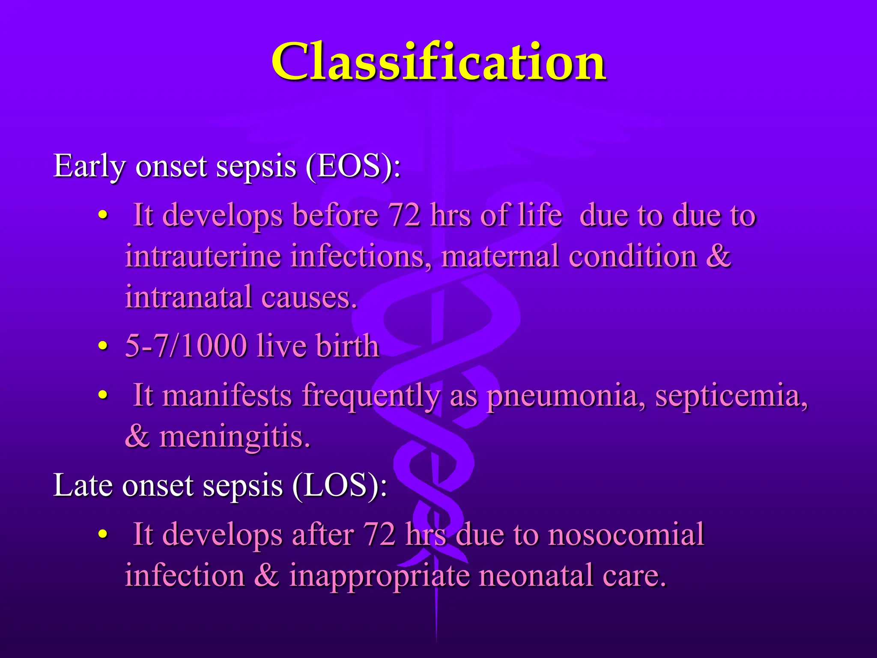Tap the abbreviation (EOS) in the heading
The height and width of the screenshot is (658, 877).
353,166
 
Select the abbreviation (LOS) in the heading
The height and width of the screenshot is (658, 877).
339,486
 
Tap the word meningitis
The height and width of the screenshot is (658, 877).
235,437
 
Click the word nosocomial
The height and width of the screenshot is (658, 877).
626,534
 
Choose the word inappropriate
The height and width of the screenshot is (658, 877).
379,575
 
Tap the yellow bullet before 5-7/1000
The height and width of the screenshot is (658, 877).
102,346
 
